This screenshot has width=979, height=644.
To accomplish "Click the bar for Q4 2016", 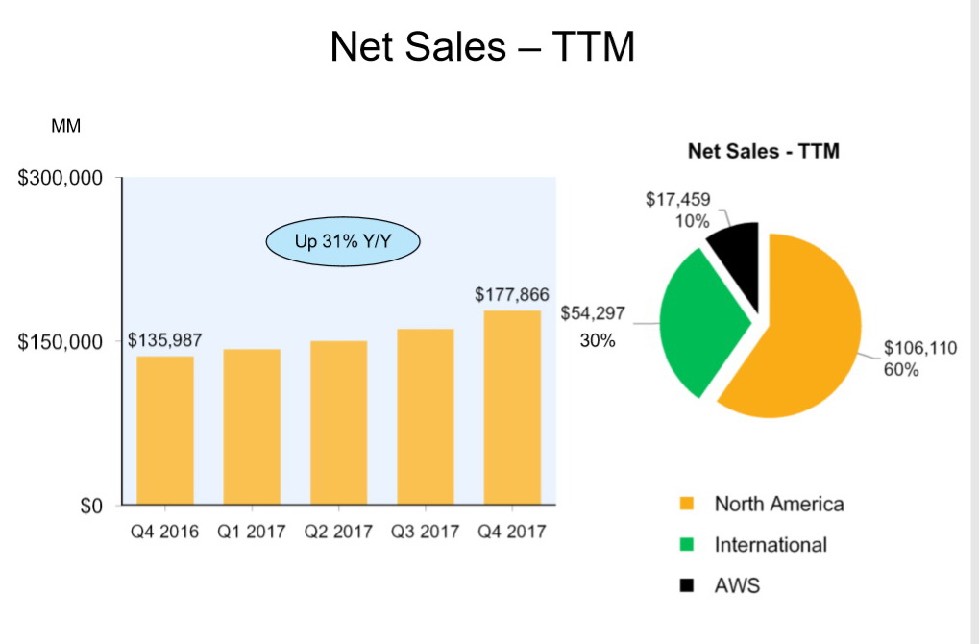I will pyautogui.click(x=165, y=431).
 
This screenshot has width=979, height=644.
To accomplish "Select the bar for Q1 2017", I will pyautogui.click(x=252, y=427).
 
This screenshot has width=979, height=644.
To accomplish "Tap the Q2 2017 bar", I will pyautogui.click(x=338, y=423).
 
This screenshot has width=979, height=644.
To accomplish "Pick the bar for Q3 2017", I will pyautogui.click(x=425, y=417).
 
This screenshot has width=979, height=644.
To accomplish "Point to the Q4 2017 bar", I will pyautogui.click(x=512, y=408).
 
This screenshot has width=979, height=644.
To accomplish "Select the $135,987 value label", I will pyautogui.click(x=164, y=341).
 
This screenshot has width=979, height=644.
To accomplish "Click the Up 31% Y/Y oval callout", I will pyautogui.click(x=343, y=241).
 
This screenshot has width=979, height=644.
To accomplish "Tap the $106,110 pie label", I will pyautogui.click(x=920, y=348).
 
